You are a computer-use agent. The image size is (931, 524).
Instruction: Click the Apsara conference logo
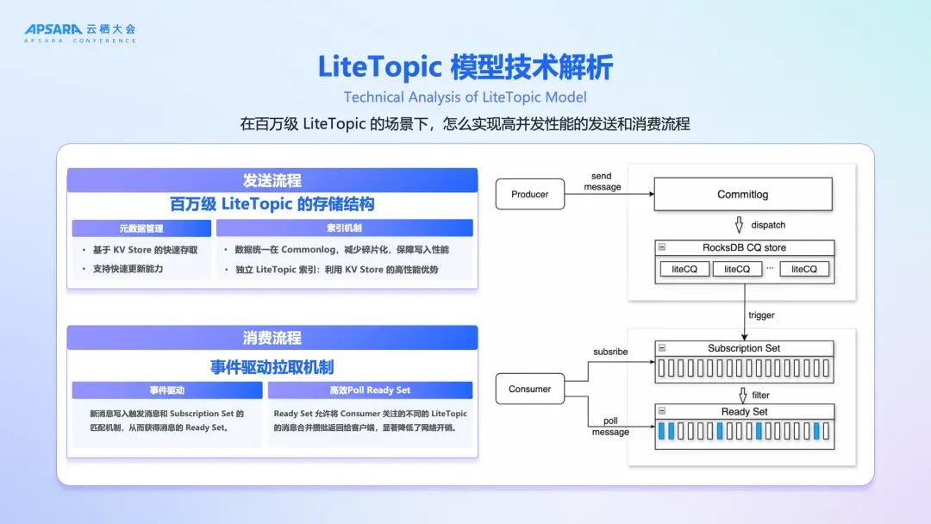79,33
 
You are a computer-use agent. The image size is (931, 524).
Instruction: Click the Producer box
529,195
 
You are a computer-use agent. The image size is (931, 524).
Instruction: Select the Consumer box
529,389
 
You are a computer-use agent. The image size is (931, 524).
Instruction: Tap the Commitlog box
742,195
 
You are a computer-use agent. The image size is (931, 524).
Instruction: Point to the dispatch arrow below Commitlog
738,225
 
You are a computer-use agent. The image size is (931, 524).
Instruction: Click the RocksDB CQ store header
744,247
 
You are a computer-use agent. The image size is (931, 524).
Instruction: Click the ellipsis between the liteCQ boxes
770,269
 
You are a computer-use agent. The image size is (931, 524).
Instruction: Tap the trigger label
761,315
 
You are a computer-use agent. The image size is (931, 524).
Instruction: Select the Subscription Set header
744,348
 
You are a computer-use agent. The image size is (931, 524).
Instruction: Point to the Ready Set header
744,412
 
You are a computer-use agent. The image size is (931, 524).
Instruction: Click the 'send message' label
602,182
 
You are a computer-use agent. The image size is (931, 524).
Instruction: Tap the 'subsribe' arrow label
610,352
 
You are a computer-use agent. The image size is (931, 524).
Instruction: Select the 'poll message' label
609,427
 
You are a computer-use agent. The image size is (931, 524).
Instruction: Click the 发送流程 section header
272,180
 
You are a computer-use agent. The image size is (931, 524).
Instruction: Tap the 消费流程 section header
272,338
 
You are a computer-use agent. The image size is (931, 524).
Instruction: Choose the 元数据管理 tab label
141,228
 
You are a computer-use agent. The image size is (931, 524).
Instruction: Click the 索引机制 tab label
344,228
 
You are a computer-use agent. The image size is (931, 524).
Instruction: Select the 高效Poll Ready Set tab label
370,390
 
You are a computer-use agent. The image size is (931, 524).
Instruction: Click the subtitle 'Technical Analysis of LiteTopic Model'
465,97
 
